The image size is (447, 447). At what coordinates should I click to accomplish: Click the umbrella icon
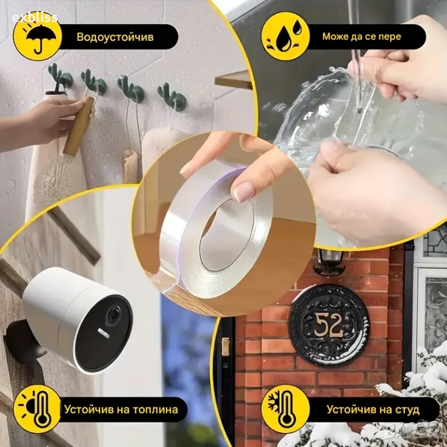click(x=37, y=37)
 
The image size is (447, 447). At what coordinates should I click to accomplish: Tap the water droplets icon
click(x=285, y=36)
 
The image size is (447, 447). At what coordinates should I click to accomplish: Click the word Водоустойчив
click(x=115, y=37)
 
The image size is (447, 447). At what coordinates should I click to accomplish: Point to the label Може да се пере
click(x=361, y=37)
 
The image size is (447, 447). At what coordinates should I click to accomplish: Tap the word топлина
click(x=153, y=410)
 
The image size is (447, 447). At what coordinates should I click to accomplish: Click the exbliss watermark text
click(x=35, y=17)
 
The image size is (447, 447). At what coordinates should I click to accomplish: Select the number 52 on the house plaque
click(x=328, y=325)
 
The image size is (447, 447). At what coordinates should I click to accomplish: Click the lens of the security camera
click(x=114, y=313)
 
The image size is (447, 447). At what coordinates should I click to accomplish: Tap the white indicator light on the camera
click(x=104, y=333)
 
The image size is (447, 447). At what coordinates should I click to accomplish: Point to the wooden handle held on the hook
click(x=78, y=126)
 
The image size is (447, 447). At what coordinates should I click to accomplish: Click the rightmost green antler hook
click(x=172, y=97)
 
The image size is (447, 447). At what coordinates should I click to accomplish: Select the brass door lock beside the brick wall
click(x=226, y=346)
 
